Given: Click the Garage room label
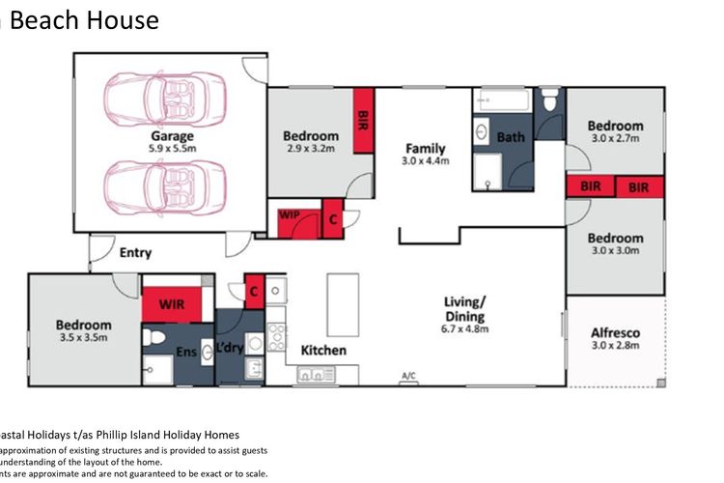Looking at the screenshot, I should [172, 136].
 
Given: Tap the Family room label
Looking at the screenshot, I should [425, 149].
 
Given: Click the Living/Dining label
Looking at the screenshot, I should [464, 309].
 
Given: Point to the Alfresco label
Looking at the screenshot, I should [615, 333].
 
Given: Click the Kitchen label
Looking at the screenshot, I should [322, 350].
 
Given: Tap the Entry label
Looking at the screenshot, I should [135, 253].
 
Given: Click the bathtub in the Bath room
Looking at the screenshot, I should [502, 100].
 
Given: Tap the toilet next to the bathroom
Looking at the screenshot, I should [550, 100].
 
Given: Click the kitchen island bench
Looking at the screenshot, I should [342, 303].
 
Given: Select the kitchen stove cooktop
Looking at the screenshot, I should [276, 337].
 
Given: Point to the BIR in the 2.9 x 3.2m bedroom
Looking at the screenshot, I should [363, 120].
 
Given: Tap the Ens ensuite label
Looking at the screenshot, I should [185, 353].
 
